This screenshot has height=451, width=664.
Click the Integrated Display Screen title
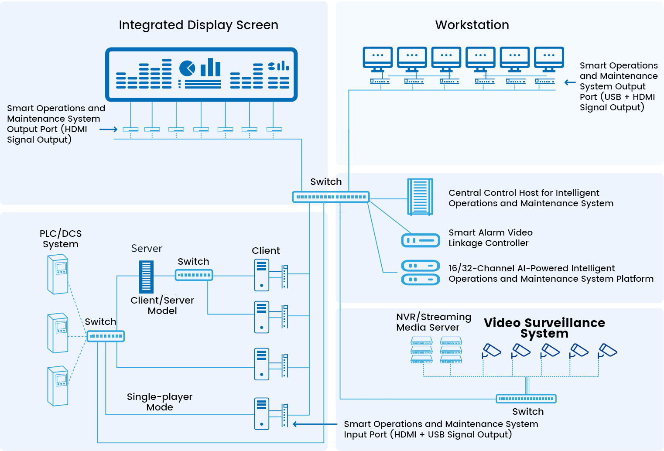coord(199,25)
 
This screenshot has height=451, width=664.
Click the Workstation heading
coord(472,25)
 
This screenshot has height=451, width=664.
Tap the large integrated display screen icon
coord(201,74)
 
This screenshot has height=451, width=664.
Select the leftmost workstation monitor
coord(378,59)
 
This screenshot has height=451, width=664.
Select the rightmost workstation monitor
coord(549,59)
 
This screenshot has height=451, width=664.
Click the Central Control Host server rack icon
coord(420,197)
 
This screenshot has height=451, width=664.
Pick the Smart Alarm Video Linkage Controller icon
coord(421,240)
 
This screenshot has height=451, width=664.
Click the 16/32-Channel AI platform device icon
coord(421,272)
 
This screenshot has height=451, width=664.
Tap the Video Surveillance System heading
coord(544,328)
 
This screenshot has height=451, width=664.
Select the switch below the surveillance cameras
coord(526,399)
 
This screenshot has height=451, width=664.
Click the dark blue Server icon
coord(146,277)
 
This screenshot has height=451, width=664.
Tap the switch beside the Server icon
coord(194,275)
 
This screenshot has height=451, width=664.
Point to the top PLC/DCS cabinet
coord(58,274)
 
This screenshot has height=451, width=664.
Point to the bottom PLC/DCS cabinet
coord(58,386)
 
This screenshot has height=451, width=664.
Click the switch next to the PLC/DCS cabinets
coord(106,336)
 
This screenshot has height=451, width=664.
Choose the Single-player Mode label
coord(160,402)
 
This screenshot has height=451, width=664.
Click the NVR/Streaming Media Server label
coord(434,322)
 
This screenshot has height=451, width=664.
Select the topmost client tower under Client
coord(262,275)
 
